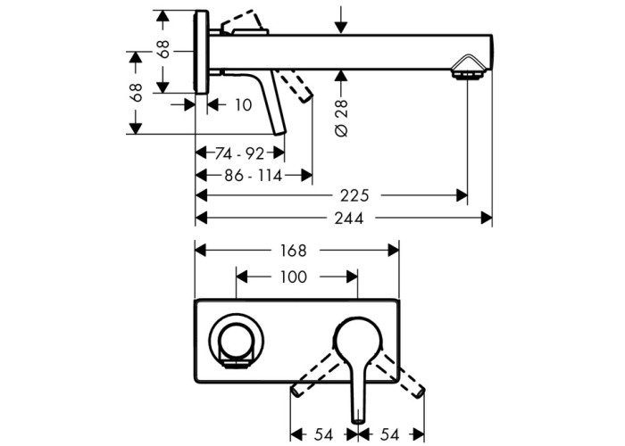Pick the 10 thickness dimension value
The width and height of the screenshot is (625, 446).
click(x=243, y=105)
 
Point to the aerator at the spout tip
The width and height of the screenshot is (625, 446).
click(x=467, y=70)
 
